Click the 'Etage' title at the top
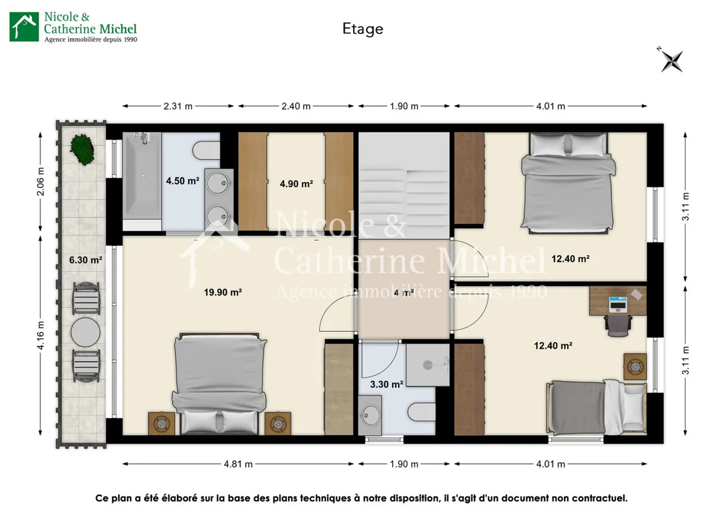coord(362,29)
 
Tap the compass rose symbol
coord(672,61)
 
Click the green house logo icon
coord(24,27)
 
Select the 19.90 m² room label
coord(223,292)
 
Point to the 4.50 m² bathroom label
coord(182,181)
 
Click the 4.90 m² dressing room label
coord(296,184)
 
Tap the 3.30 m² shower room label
coord(386,384)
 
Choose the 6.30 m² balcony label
coord(86,260)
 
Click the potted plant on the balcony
coord(82,149)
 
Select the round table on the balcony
coord(86,332)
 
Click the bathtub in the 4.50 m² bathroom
coord(142,176)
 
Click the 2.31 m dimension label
coord(178,106)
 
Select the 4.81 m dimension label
coord(238,464)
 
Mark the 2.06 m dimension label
coord(41,182)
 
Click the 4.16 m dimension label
coord(41,335)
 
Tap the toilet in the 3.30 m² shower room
coord(421,412)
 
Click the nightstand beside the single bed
coord(634,366)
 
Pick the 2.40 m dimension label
coord(296,106)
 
